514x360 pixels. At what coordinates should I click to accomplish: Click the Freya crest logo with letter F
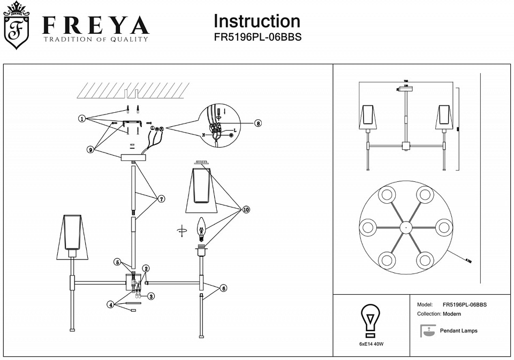(17, 26)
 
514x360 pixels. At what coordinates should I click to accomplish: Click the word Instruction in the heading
(256, 21)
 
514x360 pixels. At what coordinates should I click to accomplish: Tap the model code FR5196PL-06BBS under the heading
(258, 38)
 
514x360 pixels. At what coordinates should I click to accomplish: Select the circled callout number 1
(82, 118)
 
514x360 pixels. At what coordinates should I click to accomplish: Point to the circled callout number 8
(258, 123)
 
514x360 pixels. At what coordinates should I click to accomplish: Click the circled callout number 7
(161, 198)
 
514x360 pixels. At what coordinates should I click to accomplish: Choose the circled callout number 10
(246, 210)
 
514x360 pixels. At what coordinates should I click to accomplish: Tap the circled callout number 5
(118, 262)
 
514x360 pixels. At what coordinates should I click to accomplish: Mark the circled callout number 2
(146, 268)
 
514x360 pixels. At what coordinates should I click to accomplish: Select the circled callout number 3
(152, 296)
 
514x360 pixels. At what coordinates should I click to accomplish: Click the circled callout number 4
(110, 304)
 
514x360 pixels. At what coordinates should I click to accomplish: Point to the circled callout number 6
(223, 288)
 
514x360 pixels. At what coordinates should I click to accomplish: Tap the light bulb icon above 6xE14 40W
(370, 319)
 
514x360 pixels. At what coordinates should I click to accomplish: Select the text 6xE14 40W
(371, 343)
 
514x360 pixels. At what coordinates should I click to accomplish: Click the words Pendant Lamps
(458, 331)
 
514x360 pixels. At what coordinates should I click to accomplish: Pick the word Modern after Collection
(451, 314)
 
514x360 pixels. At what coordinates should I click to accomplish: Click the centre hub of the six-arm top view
(406, 227)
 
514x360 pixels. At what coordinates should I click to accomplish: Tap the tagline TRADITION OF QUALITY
(95, 40)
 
